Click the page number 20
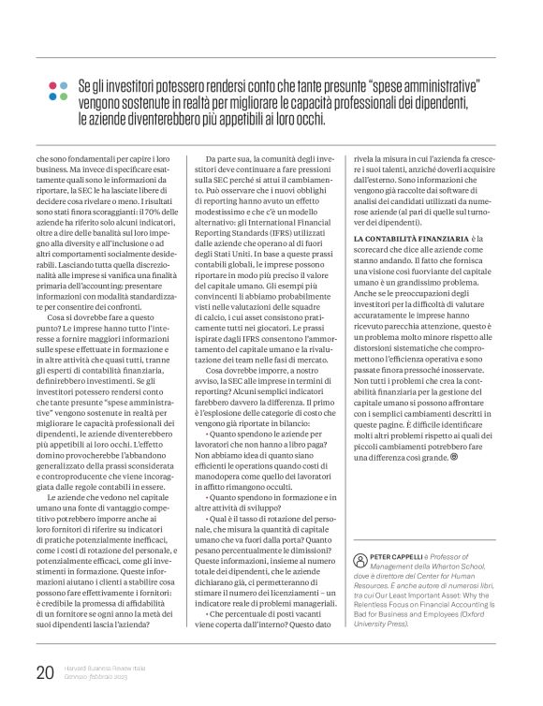click(x=45, y=672)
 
